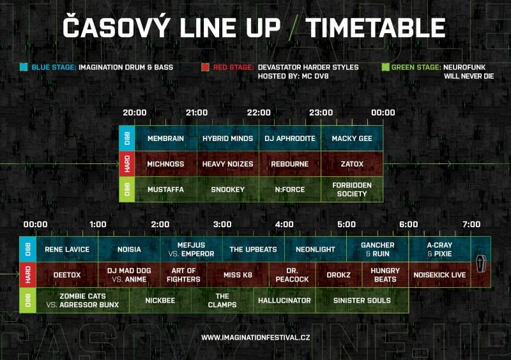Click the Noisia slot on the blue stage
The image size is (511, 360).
(x=129, y=250)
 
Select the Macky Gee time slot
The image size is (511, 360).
(x=352, y=139)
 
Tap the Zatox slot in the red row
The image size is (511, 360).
(x=352, y=164)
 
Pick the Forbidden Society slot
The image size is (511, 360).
(x=352, y=190)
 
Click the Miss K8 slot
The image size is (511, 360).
(x=238, y=275)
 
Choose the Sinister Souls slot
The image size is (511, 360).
(x=362, y=301)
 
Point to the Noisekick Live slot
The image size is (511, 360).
(x=439, y=275)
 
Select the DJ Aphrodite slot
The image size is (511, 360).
(x=290, y=139)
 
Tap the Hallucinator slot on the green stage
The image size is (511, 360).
(x=284, y=301)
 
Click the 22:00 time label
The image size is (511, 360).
(x=259, y=112)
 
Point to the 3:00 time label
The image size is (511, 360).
(x=222, y=224)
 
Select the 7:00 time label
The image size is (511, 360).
(x=471, y=224)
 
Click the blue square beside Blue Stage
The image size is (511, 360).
(x=24, y=67)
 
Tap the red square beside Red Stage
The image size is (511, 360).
(x=205, y=67)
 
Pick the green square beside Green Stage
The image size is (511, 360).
(x=386, y=67)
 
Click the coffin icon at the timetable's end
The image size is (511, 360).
(x=481, y=264)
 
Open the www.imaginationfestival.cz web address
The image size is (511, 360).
(x=256, y=338)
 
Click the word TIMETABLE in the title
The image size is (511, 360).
(x=376, y=27)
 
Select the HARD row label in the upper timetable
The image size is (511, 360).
(x=127, y=164)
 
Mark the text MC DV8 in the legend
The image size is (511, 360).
(x=314, y=76)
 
